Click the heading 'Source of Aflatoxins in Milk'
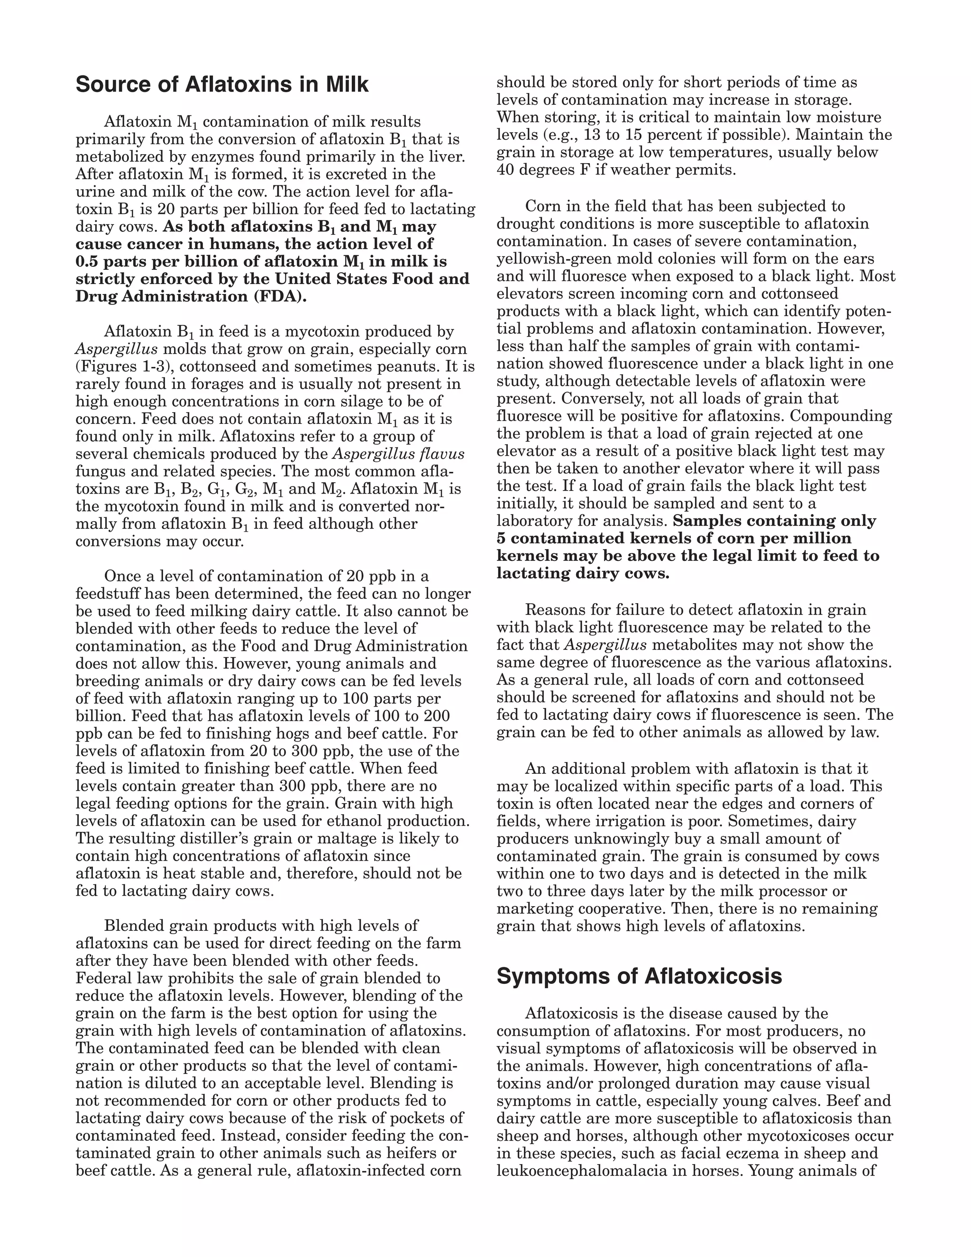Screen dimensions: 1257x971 (221, 84)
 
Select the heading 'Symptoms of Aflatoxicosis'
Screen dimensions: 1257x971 (639, 976)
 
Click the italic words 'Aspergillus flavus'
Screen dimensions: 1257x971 (398, 454)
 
